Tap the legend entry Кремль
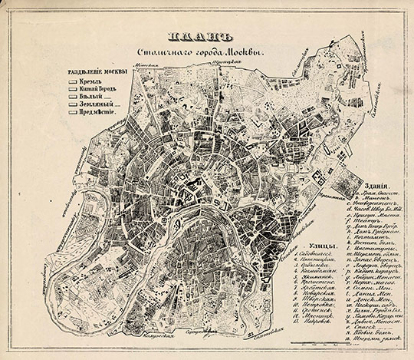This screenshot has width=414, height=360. (87, 81)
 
